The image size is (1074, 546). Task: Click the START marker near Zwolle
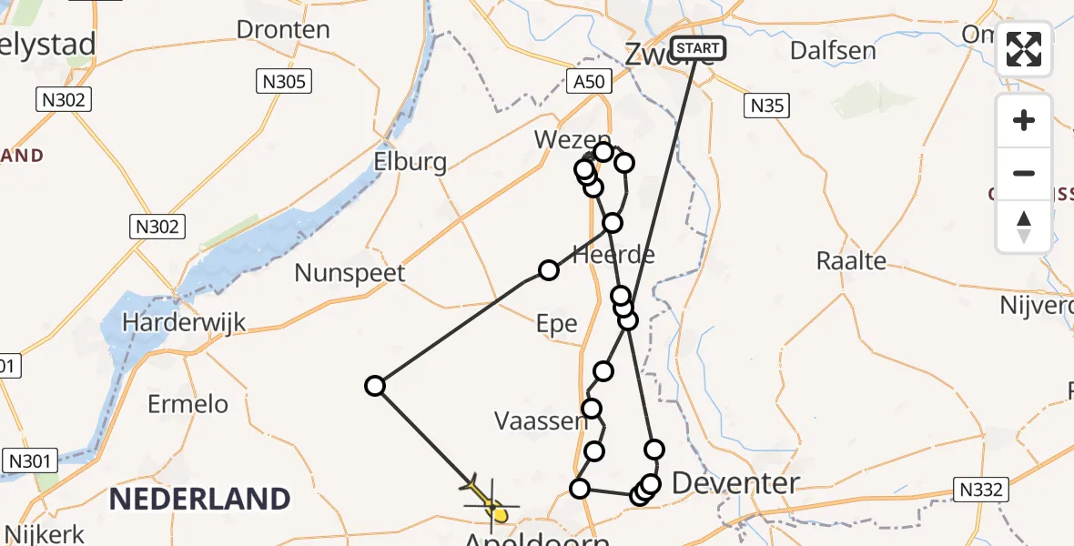click(698, 47)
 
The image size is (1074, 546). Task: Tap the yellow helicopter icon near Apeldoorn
click(491, 505)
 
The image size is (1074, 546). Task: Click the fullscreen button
click(1024, 49)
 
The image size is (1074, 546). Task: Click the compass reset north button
click(1024, 227)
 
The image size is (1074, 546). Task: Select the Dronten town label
click(283, 29)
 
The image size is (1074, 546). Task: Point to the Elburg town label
click(410, 163)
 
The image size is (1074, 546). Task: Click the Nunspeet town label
click(350, 273)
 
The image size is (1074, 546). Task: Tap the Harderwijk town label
click(185, 322)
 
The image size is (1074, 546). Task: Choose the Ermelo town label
click(188, 403)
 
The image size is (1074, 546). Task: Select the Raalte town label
click(851, 261)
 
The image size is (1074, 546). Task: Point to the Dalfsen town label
click(833, 50)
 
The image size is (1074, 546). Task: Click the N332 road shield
click(980, 490)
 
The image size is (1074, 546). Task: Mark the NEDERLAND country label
click(199, 499)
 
